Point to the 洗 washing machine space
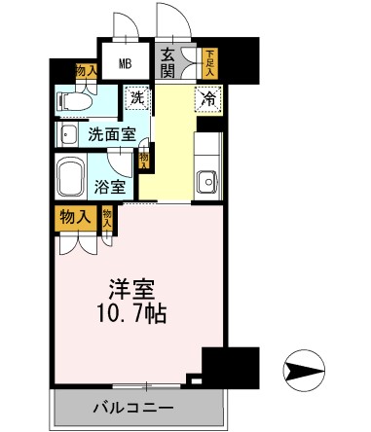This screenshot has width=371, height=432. (137, 97)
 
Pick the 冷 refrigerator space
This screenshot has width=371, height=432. (207, 97)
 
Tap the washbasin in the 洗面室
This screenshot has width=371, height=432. (68, 133)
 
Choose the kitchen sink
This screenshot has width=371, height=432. (206, 181)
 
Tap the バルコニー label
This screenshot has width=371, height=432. (133, 406)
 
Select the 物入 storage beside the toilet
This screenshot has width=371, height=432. (87, 71)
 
